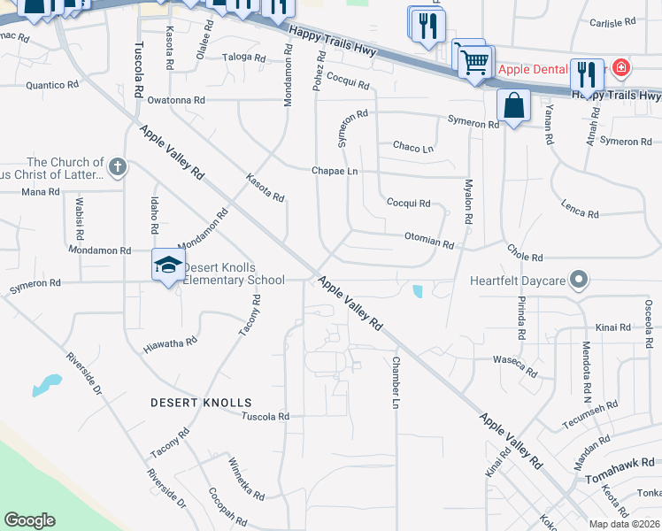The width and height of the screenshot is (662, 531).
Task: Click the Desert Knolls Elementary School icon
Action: tap(168, 265)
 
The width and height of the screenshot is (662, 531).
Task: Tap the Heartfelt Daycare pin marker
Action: tap(579, 281)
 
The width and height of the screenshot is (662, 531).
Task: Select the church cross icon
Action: tap(117, 166)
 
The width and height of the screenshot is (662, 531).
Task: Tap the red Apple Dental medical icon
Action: tap(620, 67)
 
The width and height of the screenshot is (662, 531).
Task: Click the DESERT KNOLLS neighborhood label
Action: tap(201, 403)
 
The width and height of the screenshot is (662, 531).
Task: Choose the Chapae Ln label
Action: tap(335, 171)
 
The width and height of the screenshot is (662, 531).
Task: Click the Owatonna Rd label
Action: tap(176, 101)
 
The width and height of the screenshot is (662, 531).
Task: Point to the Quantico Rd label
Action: tap(53, 85)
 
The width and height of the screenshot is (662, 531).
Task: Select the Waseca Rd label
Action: tap(515, 366)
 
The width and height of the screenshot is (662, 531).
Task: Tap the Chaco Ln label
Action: tap(413, 147)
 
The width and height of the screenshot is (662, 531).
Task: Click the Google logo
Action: tap(30, 520)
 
